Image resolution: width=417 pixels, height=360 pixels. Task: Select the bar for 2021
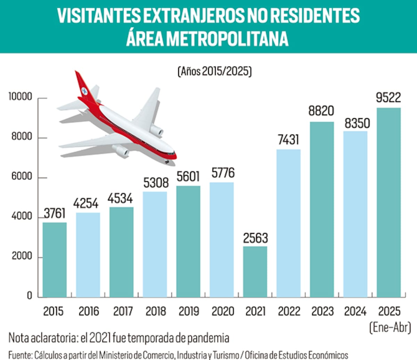coord(255,272)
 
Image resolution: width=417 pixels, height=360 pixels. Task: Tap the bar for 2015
coord(55,259)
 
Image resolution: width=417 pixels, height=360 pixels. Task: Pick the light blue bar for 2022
coord(288,223)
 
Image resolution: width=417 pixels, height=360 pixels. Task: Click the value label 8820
coord(321,111)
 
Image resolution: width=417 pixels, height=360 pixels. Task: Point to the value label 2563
coord(255,238)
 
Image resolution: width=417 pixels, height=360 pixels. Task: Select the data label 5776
coord(223,173)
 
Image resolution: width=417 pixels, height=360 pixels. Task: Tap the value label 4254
coord(86,203)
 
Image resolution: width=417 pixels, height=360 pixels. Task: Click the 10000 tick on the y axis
coord(20,97)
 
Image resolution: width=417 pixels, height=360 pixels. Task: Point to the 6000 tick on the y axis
coord(22,176)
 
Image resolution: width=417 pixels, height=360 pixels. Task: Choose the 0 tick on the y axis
coord(29,295)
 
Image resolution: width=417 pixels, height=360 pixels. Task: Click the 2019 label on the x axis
coord(189,311)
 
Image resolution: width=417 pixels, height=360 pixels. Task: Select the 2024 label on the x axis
coord(355,311)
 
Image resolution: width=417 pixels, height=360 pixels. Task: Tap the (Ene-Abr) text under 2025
coord(390,327)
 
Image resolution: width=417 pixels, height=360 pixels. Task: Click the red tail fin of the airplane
coord(83,87)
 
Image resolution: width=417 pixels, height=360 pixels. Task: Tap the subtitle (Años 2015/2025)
coord(214,71)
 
